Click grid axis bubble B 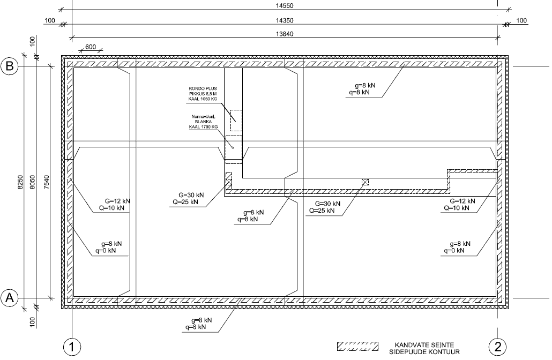(x=10, y=66)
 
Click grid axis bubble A (x=10, y=298)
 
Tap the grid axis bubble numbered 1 (x=72, y=347)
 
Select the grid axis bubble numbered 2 (x=497, y=347)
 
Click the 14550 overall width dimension (x=285, y=6)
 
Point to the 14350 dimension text (x=285, y=20)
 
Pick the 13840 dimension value (x=285, y=34)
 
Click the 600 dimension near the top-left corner (x=91, y=47)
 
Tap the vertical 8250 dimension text (x=20, y=182)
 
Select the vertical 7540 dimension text (x=47, y=182)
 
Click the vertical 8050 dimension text (x=33, y=182)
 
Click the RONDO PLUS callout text (x=203, y=94)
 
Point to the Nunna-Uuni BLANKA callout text (x=203, y=122)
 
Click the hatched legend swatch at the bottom (x=357, y=346)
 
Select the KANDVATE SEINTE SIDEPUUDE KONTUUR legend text (x=424, y=348)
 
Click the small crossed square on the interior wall (x=365, y=182)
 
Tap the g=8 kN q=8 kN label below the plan (x=199, y=324)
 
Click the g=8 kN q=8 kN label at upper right (x=362, y=89)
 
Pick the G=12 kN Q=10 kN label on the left (x=114, y=205)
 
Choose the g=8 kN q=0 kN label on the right (x=457, y=247)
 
